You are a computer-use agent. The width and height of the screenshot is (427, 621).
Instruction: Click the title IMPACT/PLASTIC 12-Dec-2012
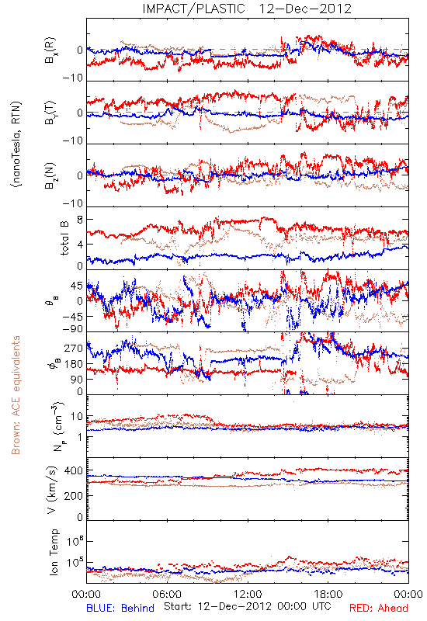247,9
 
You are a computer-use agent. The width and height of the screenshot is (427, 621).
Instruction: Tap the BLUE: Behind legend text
120,608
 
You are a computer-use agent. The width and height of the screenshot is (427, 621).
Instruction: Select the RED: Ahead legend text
379,608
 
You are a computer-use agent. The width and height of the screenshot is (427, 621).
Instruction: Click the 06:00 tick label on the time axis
167,595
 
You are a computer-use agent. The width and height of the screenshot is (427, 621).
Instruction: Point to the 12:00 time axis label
248,595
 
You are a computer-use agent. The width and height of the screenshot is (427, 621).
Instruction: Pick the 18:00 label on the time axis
328,595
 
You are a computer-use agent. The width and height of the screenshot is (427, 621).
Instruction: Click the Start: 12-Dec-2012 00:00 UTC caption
248,606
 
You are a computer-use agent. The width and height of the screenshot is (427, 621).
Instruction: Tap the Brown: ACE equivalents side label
16,395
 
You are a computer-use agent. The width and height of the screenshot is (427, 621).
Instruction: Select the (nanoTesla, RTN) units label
16,144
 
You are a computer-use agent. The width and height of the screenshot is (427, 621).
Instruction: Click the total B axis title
64,238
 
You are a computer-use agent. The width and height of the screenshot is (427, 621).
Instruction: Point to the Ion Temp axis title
54,552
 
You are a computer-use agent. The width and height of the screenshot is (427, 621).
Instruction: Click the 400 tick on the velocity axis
74,470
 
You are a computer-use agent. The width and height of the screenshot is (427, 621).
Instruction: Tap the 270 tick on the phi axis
74,348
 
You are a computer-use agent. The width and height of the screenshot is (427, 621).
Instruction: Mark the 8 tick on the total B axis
80,220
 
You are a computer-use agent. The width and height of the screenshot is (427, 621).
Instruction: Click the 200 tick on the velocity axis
74,495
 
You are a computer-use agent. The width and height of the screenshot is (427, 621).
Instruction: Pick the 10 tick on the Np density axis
77,416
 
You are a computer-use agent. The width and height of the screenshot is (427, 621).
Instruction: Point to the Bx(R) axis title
50,50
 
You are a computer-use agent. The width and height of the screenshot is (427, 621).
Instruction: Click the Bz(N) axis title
50,175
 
